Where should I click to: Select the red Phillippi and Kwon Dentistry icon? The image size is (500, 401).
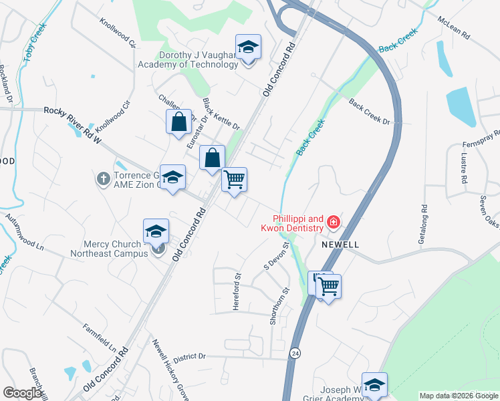332,222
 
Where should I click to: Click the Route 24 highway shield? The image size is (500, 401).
295,352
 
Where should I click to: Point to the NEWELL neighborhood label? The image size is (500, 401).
340,245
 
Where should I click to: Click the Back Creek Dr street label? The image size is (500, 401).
369,111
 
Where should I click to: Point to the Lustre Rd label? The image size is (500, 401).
463,168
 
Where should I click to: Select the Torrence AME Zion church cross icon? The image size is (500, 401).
103,179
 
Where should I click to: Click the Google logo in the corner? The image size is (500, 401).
22,393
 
